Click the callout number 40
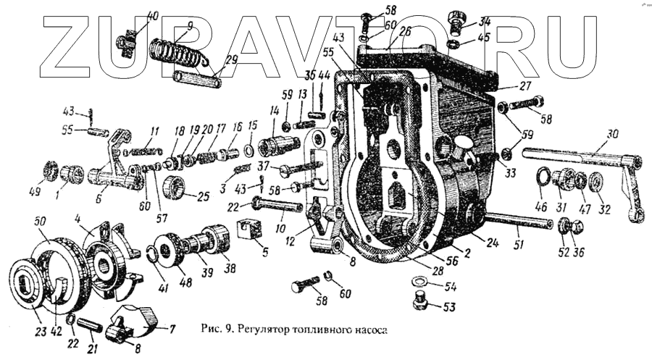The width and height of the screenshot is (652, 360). (x=152, y=15)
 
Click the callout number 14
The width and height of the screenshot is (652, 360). (x=275, y=112)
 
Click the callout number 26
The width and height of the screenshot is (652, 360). (x=404, y=31)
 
